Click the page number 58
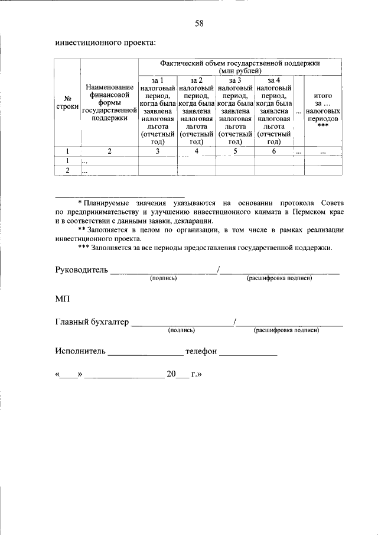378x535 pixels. (x=199, y=23)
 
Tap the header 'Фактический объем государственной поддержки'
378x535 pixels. (x=239, y=66)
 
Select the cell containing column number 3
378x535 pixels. (x=157, y=151)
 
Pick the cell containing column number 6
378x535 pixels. (x=273, y=151)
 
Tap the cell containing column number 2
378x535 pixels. (x=109, y=151)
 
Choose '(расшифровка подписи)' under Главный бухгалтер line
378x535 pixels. (x=286, y=330)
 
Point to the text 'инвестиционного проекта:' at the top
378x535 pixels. (x=105, y=43)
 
